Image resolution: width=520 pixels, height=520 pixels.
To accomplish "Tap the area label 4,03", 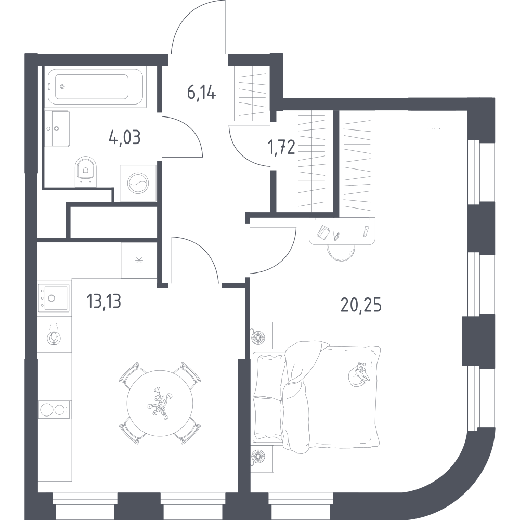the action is pyautogui.click(x=124, y=137).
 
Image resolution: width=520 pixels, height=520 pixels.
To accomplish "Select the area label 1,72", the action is pyautogui.click(x=281, y=147).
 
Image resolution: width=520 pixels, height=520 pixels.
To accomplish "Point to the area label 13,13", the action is pyautogui.click(x=103, y=301).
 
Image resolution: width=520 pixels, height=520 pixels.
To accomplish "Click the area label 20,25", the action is pyautogui.click(x=361, y=305).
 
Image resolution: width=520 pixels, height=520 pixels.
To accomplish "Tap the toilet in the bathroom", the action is pyautogui.click(x=86, y=172).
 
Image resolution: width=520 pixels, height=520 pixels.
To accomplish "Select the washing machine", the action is pyautogui.click(x=138, y=183).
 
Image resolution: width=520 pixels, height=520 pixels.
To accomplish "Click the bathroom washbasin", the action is pyautogui.click(x=57, y=128).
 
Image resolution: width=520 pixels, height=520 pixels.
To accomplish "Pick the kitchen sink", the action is pyautogui.click(x=54, y=298).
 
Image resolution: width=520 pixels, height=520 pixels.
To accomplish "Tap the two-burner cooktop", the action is pyautogui.click(x=54, y=410).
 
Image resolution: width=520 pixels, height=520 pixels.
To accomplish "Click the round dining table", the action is pyautogui.click(x=160, y=404).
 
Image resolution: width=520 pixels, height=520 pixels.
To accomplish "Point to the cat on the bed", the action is pyautogui.click(x=358, y=374).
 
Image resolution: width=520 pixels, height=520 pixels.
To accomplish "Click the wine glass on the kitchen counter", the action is pyautogui.click(x=54, y=334).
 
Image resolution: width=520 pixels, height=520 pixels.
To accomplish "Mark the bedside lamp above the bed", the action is pyautogui.click(x=257, y=338).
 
